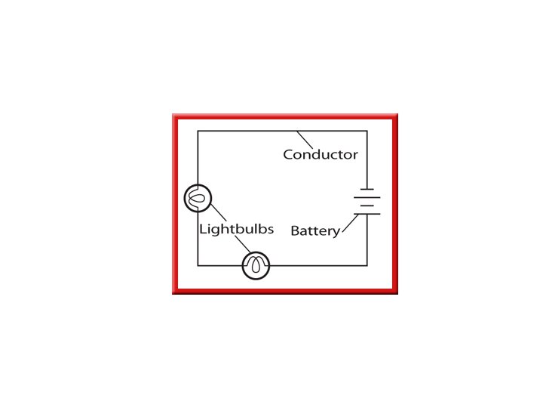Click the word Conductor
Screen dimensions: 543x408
coord(321,155)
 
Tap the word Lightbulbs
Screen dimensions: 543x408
coord(236,228)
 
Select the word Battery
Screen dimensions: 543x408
coord(315,231)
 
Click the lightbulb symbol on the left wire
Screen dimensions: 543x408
coord(198,198)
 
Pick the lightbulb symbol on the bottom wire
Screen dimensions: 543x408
coord(256,265)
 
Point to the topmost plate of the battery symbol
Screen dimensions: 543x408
coord(367,189)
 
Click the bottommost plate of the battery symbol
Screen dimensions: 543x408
coord(367,214)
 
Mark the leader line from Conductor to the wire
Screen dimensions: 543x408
coord(305,140)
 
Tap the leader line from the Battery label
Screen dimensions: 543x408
coord(350,224)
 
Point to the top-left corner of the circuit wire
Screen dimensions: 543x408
coord(198,131)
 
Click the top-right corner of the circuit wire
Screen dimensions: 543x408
coord(367,131)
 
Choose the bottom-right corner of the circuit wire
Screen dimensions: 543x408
coord(367,265)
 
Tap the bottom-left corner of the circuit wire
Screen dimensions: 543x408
coord(198,265)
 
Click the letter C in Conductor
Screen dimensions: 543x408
coord(288,155)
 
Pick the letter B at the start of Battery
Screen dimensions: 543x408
coord(295,231)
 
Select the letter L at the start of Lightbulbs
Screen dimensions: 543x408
coord(202,228)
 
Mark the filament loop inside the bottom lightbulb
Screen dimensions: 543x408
coord(256,266)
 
